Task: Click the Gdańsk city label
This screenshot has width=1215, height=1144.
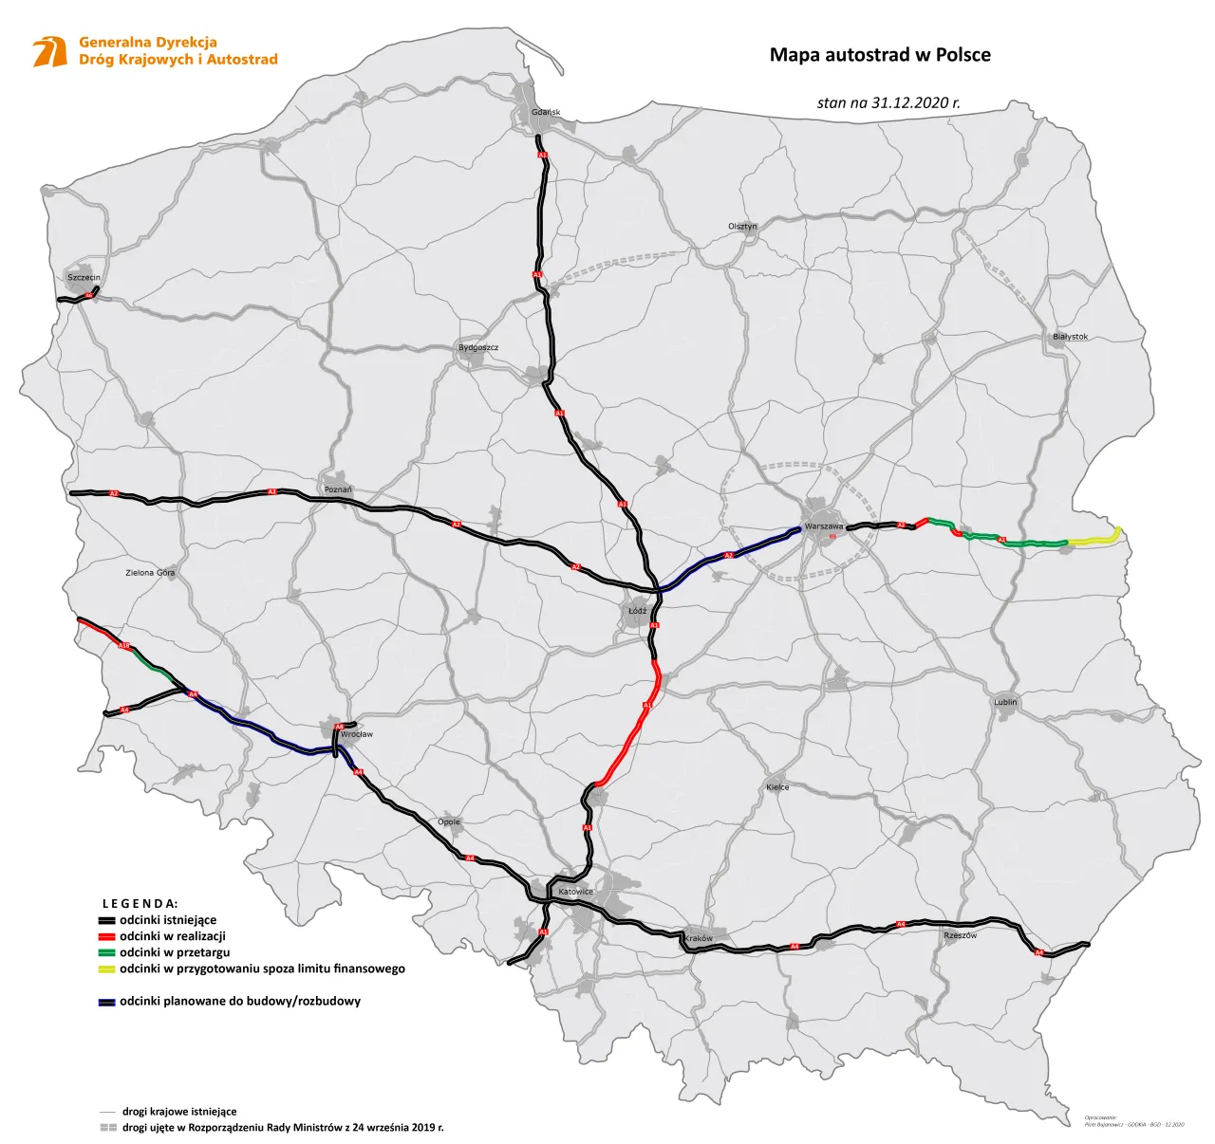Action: (x=546, y=112)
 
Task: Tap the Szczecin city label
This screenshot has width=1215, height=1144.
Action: (x=84, y=278)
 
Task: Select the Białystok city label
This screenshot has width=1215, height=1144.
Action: (x=1070, y=337)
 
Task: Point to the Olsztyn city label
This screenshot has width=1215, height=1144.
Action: (x=742, y=227)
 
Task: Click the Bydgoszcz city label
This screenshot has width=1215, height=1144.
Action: (x=478, y=347)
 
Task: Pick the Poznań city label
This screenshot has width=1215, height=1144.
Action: (x=338, y=489)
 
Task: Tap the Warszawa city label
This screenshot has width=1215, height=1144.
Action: (x=823, y=526)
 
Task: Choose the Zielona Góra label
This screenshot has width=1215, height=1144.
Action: (x=150, y=573)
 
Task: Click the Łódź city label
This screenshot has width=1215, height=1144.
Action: (x=637, y=611)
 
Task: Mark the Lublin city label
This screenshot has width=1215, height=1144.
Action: (x=1005, y=702)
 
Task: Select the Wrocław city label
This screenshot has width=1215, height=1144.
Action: (x=357, y=734)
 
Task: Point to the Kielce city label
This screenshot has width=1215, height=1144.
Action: (x=777, y=787)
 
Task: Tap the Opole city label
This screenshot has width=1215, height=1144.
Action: (x=449, y=821)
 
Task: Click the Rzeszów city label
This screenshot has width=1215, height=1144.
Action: (x=960, y=935)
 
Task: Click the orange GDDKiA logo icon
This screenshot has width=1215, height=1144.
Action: (x=50, y=51)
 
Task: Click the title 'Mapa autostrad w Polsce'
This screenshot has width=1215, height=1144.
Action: (x=880, y=55)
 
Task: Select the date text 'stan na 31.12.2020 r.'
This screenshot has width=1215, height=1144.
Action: (x=888, y=102)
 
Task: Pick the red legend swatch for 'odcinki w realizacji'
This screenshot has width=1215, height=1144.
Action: (x=106, y=936)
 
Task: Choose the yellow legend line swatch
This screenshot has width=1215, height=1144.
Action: (x=106, y=969)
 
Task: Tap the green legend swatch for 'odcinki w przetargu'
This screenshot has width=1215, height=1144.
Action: (x=106, y=952)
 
